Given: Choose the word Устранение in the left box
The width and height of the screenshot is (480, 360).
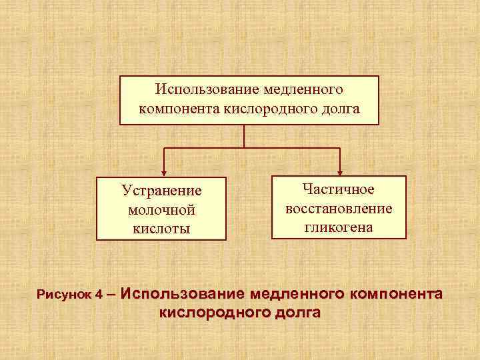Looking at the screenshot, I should [161, 191].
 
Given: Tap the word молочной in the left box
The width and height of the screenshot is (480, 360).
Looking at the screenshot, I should [161, 210].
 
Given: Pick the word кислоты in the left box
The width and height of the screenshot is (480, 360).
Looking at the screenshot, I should [161, 229].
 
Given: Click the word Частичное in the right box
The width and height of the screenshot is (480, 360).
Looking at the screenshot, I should [339, 190].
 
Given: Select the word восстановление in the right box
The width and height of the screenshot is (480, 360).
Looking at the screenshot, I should [339, 209].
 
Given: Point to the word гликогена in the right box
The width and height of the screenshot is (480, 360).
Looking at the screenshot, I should [339, 227].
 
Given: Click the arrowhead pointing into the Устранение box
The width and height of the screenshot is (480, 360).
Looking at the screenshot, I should [164, 173].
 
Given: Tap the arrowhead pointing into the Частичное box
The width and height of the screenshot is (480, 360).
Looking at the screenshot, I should [340, 171].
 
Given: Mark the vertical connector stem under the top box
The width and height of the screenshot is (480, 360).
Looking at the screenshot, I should [245, 135].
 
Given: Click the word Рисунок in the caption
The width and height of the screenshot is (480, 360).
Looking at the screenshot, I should [64, 294].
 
